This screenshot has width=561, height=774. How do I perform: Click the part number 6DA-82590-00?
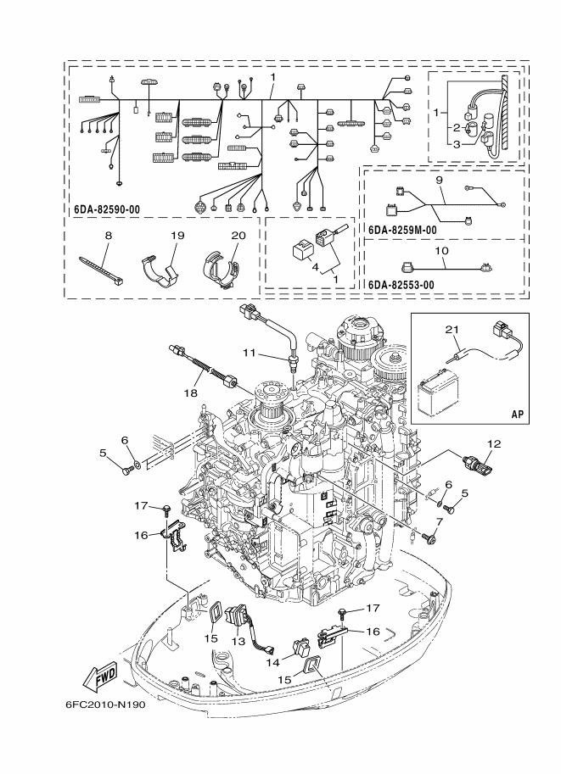(107, 209)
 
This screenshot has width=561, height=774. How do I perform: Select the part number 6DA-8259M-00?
(402, 230)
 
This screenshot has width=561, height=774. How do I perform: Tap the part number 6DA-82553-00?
(401, 285)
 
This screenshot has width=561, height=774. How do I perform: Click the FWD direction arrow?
(100, 676)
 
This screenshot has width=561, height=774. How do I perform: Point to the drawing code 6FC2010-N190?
(105, 704)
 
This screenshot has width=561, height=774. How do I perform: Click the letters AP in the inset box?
(517, 415)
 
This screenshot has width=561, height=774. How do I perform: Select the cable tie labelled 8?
(101, 271)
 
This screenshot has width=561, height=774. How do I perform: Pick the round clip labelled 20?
(221, 270)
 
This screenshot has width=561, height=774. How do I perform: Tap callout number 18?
(190, 393)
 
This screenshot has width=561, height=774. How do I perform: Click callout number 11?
(250, 353)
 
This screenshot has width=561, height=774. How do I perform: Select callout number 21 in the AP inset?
(455, 329)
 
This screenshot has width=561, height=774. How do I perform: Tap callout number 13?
(238, 642)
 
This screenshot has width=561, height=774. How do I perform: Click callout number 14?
(273, 662)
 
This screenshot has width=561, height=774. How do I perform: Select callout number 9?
(440, 181)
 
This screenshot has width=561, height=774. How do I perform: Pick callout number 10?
(441, 251)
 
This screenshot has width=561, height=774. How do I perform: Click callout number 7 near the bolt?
(440, 521)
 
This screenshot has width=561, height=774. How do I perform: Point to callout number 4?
(316, 268)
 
